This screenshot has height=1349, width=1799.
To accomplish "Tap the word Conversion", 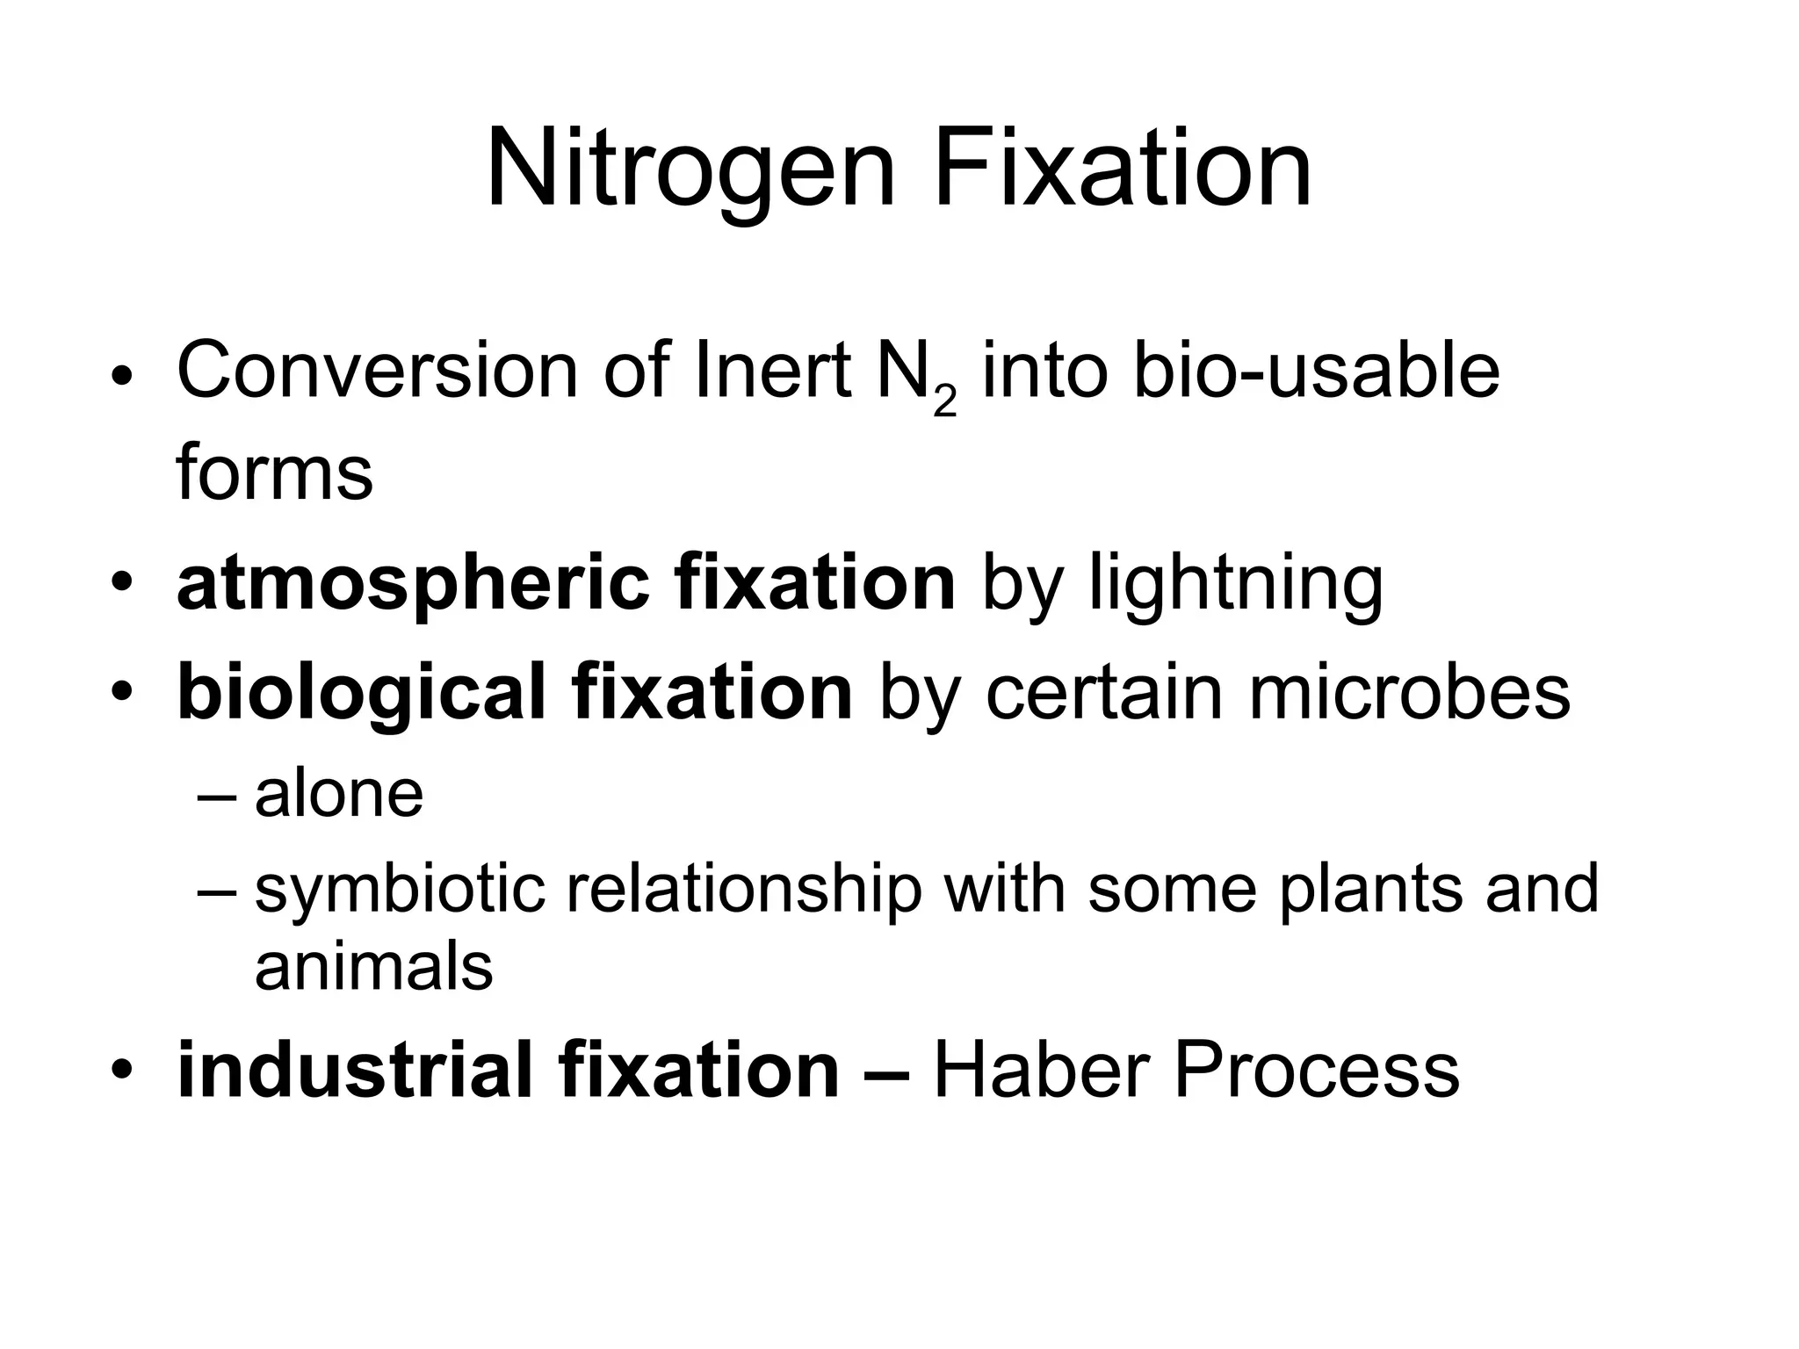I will tap(377, 371).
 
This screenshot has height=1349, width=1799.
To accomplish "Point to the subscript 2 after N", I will tap(944, 403).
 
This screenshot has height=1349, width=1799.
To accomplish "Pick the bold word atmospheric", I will tap(412, 584).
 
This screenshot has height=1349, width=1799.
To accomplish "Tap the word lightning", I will tap(1236, 584).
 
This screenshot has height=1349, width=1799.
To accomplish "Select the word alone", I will tap(339, 794).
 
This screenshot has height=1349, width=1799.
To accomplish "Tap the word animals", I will tap(373, 967).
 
